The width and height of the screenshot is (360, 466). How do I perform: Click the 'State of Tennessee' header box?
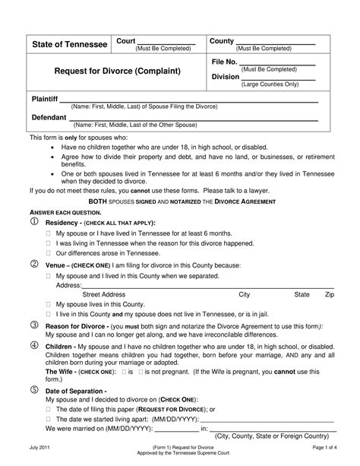[68, 45]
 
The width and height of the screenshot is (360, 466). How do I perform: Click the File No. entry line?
[278, 64]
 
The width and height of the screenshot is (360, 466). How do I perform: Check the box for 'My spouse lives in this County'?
[50, 303]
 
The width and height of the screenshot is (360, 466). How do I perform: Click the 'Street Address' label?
[103, 293]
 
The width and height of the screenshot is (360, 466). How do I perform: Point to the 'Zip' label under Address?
[329, 293]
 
